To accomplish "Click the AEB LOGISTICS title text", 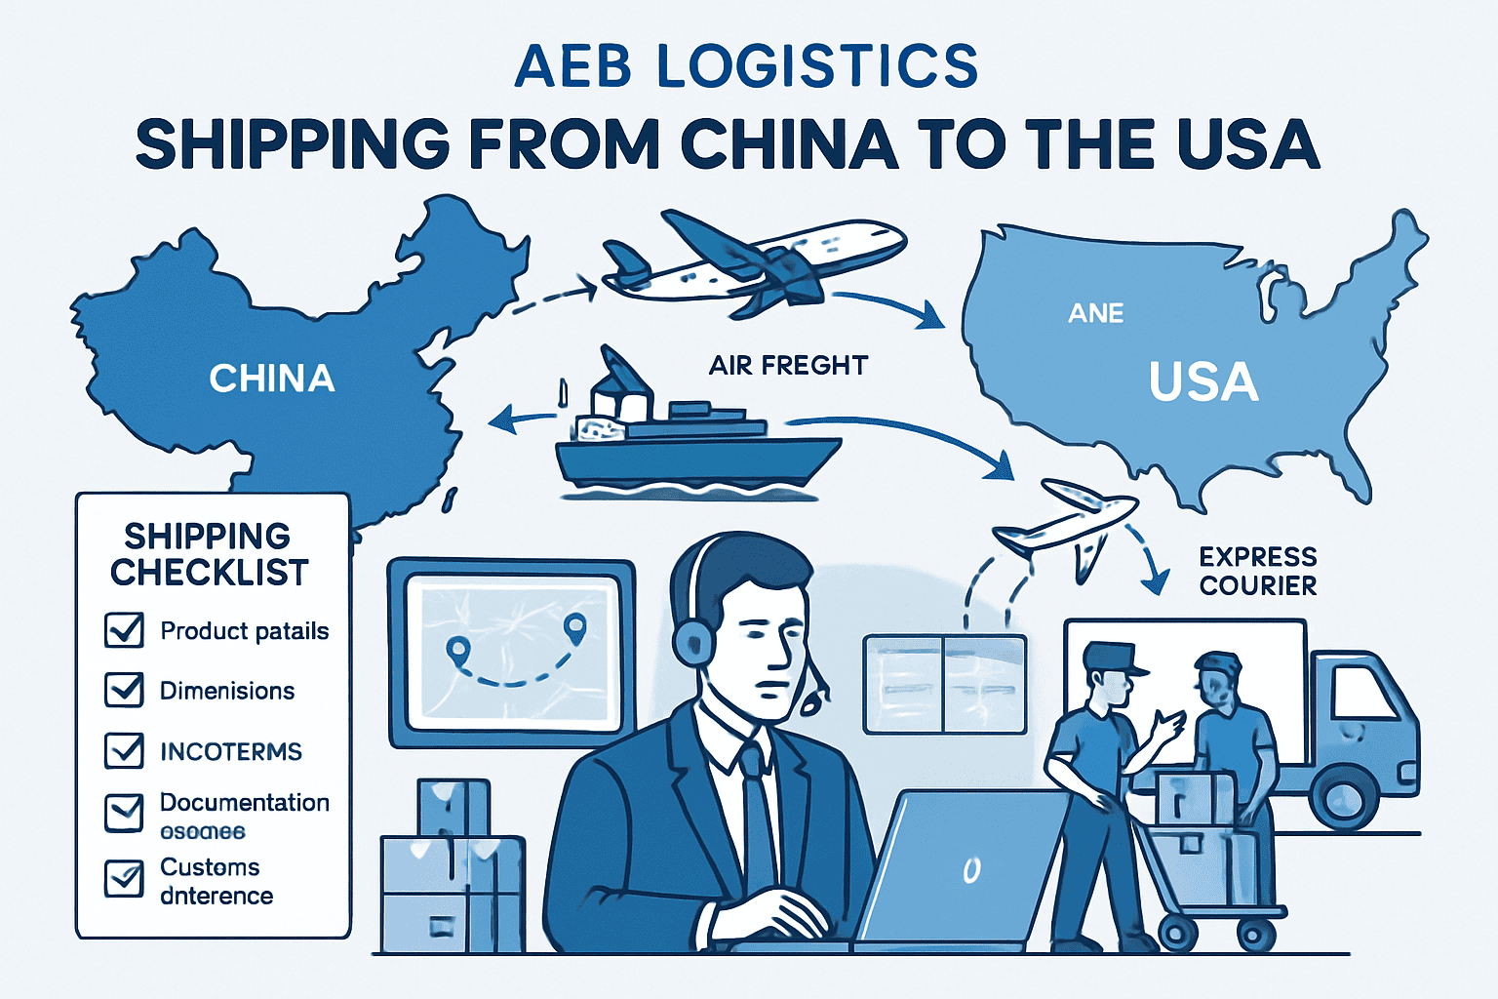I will (x=746, y=66).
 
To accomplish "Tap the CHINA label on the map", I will (x=272, y=379).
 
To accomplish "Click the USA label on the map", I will (x=1203, y=381).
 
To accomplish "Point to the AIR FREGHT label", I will (x=788, y=366).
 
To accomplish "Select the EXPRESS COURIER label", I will (x=1258, y=571).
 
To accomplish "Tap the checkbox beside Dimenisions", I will (x=124, y=691).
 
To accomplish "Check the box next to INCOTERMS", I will (x=124, y=751).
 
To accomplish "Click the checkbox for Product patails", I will (x=124, y=630).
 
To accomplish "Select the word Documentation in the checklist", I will (x=245, y=803).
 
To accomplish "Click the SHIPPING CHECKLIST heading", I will (x=209, y=554).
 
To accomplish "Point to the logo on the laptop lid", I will (x=971, y=869).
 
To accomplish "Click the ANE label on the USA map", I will (x=1096, y=313).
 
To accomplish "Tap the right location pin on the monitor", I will (x=574, y=627).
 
